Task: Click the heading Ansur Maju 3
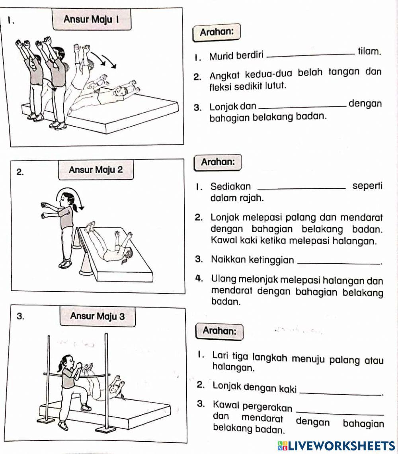(x=98, y=317)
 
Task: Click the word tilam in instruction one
(x=370, y=51)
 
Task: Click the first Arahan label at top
(x=216, y=32)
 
